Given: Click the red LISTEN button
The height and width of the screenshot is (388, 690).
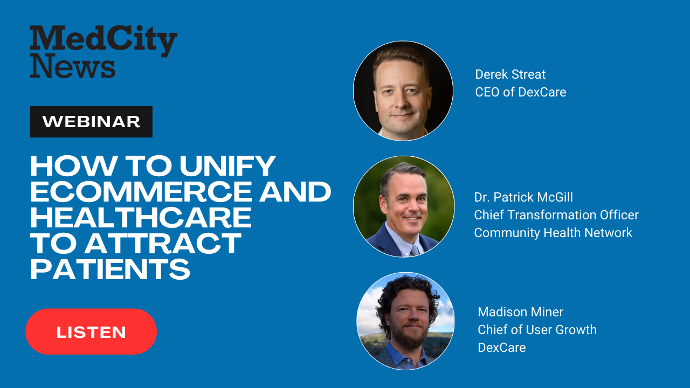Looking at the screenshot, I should point(91,331).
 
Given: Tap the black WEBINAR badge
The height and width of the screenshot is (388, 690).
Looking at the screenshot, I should point(91,122).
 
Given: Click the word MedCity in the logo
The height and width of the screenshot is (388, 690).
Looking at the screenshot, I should point(103,41).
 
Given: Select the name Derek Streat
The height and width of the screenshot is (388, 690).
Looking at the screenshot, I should point(510,74).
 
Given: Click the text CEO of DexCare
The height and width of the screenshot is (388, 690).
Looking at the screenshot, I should point(520,92).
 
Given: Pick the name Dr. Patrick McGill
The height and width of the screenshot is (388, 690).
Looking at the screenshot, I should point(523,197).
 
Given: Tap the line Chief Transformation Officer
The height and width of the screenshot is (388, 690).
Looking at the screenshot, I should point(556,215).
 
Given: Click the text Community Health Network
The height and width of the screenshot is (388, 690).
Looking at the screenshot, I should point(553,233).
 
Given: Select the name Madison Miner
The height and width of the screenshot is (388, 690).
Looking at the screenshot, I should point(520,312).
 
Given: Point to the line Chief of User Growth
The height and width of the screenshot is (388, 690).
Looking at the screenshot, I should point(537,330).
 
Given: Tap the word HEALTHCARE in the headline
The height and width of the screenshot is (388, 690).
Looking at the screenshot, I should point(141,218).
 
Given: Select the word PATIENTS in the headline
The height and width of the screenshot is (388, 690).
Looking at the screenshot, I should point(110,269).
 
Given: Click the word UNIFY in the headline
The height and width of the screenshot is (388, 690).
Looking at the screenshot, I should point(228,166).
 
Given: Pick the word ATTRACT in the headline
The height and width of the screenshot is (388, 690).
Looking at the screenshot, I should point(162,244).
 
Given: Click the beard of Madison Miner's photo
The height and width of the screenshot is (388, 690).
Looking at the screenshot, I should point(409,340).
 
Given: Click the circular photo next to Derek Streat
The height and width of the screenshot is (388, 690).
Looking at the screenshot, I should point(403,91).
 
